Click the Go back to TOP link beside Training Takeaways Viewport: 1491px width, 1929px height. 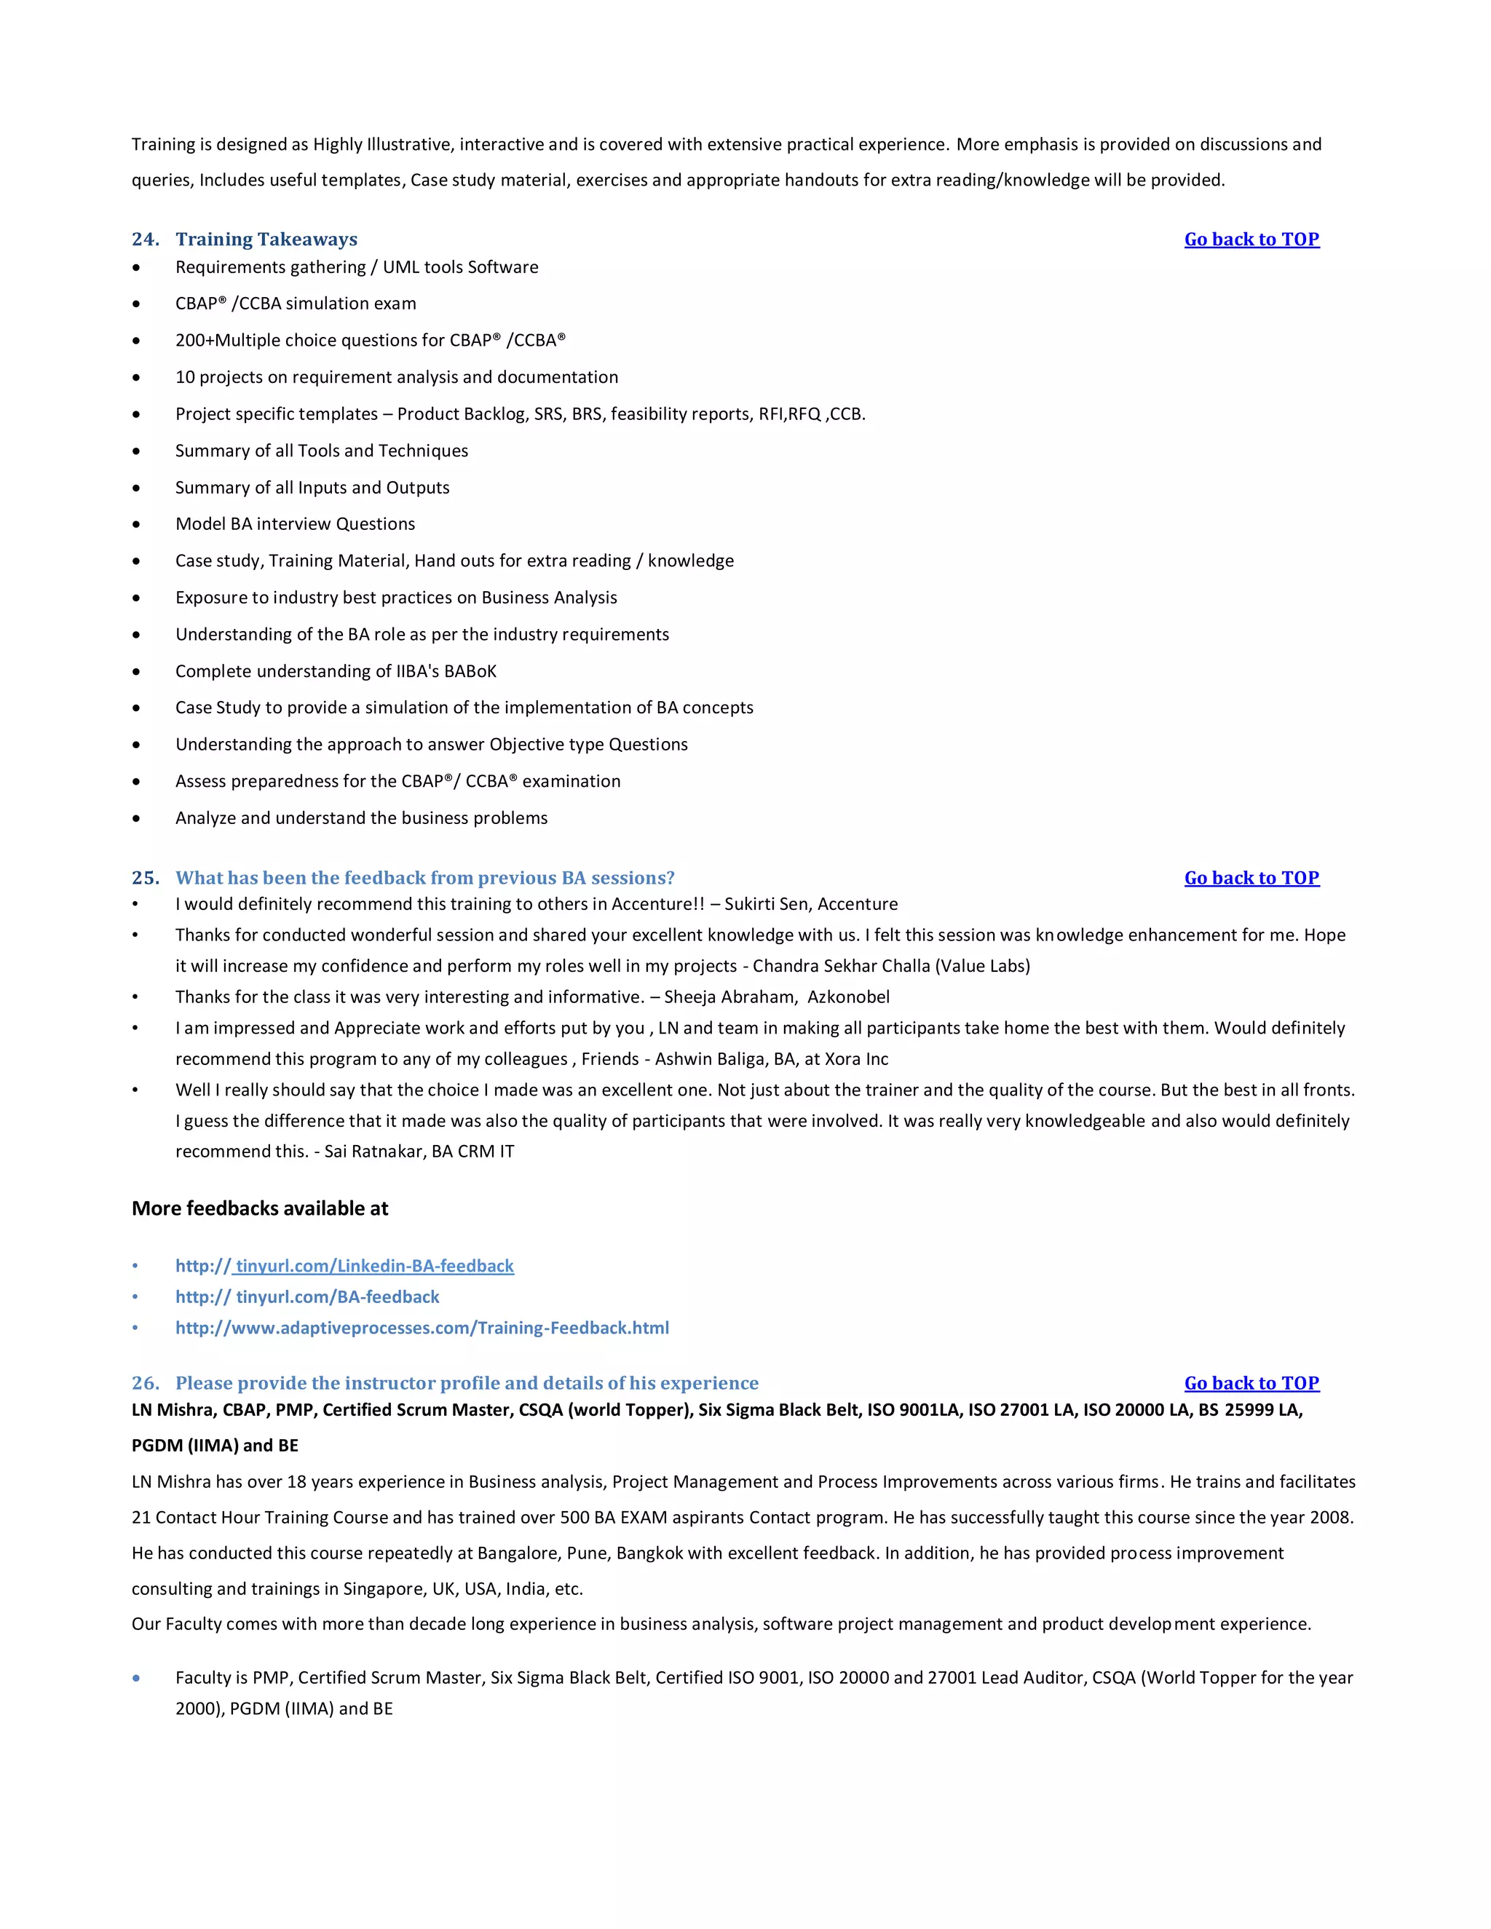(1251, 239)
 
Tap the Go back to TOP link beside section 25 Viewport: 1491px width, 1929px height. (1251, 878)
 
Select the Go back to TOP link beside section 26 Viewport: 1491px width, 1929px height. (1251, 1383)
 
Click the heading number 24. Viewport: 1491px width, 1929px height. (145, 239)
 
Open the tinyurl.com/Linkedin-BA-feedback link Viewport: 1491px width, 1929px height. (344, 1266)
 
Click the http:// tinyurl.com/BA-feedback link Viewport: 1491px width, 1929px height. (306, 1296)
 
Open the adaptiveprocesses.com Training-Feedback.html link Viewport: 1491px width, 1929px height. (422, 1328)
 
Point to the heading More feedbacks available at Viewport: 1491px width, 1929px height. (260, 1208)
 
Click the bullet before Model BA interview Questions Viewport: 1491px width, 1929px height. (136, 525)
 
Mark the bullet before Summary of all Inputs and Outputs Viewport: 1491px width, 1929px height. (136, 488)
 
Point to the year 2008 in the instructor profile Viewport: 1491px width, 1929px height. (1329, 1518)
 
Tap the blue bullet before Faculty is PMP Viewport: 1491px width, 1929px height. (136, 1678)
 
